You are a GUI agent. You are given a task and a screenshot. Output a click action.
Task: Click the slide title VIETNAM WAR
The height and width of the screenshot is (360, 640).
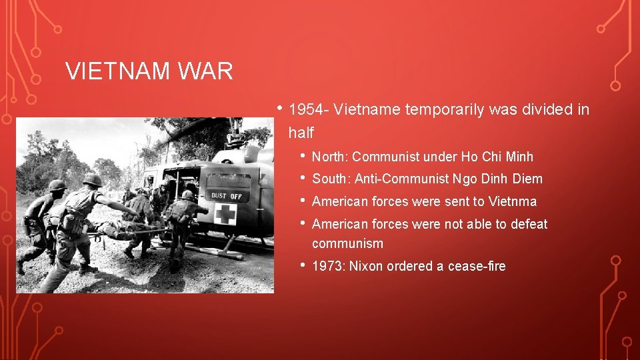click(149, 71)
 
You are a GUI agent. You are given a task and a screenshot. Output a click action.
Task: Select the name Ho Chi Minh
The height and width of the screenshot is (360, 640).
click(497, 157)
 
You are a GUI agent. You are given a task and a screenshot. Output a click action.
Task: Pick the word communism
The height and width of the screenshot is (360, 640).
click(347, 243)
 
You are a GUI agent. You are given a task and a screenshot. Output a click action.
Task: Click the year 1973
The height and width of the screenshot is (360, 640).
click(327, 266)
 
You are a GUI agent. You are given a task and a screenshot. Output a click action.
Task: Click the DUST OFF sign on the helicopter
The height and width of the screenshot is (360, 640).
click(227, 196)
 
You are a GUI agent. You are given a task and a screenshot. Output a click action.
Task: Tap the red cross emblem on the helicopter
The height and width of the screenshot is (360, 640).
click(225, 214)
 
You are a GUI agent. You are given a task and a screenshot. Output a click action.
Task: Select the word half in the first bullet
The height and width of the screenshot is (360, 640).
click(301, 133)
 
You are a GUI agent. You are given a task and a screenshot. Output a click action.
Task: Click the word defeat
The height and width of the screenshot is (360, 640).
click(529, 224)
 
